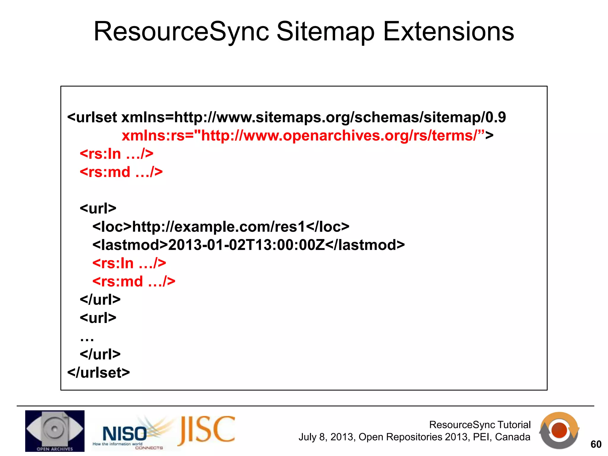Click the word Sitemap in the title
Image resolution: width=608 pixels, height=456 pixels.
click(325, 32)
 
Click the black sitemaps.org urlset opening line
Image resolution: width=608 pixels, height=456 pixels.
click(286, 117)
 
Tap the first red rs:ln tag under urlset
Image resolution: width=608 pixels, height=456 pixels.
click(116, 154)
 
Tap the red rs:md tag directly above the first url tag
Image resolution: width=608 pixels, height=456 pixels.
click(121, 172)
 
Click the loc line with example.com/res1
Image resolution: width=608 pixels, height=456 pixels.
click(221, 227)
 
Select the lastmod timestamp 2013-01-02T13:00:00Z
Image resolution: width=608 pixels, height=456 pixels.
click(246, 245)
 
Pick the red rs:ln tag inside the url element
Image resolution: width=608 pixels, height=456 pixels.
click(129, 263)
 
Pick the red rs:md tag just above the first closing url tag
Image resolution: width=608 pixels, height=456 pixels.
click(134, 281)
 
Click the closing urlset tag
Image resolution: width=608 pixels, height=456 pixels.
click(99, 373)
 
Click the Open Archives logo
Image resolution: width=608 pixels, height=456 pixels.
click(55, 431)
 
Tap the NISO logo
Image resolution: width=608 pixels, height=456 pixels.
click(125, 433)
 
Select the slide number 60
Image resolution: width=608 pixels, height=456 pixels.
click(596, 444)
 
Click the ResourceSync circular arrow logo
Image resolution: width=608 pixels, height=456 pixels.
click(559, 430)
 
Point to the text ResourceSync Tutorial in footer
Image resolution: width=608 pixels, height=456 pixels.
click(480, 425)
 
